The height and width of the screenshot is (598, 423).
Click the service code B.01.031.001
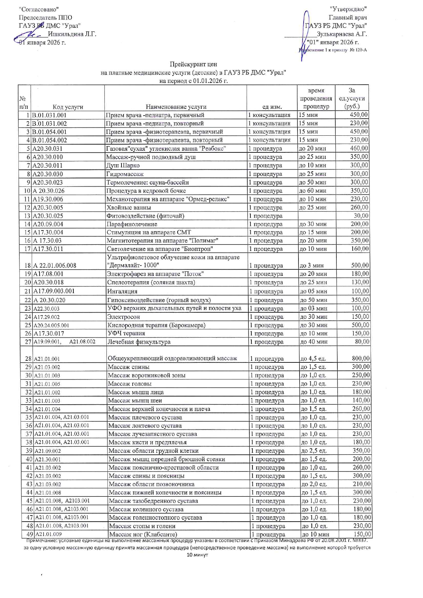49,115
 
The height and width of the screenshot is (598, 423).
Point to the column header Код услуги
68,107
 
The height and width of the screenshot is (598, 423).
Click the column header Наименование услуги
176,107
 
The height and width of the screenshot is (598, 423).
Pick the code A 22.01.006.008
55,266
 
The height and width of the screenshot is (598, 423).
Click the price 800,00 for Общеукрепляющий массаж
360,358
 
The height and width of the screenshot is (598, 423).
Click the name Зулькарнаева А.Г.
341,34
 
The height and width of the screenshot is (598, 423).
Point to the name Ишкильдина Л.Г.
72,34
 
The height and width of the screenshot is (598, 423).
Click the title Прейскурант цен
193,64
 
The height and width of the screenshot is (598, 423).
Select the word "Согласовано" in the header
39,9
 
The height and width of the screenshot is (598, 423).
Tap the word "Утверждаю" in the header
348,9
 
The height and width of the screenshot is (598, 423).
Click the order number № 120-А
358,50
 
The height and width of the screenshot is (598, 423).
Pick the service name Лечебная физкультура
139,342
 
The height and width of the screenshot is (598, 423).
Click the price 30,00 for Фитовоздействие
361,216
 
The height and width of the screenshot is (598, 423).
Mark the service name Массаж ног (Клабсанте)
143,534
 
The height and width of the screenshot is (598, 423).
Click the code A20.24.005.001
51,325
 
